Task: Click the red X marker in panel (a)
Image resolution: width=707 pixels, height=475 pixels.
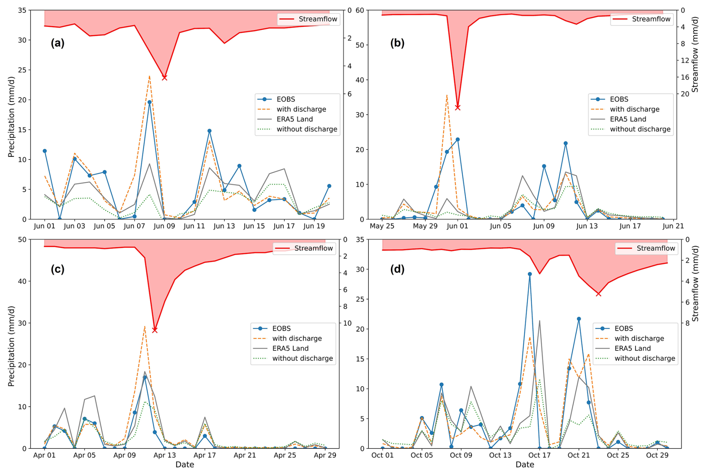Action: (164, 78)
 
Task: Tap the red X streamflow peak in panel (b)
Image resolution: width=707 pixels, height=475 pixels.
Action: (457, 108)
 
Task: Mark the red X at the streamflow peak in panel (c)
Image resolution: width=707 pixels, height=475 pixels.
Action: (155, 330)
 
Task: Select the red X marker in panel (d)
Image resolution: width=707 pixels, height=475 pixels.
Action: (598, 294)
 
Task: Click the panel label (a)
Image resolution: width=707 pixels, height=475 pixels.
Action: (58, 43)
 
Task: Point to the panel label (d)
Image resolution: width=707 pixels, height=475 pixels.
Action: (397, 269)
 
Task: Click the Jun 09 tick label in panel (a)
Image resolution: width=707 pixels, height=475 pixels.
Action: (164, 226)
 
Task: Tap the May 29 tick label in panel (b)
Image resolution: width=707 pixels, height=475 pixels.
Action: (425, 226)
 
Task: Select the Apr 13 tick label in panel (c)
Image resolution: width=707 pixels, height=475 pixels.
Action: (165, 455)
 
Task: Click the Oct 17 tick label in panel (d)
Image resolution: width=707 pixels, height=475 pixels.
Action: (539, 455)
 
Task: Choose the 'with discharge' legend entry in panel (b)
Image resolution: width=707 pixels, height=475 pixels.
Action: (635, 109)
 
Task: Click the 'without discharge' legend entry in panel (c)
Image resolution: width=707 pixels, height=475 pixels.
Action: (302, 358)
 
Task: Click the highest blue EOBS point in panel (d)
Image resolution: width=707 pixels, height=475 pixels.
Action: (530, 274)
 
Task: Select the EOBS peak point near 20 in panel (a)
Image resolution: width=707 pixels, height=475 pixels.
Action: (149, 102)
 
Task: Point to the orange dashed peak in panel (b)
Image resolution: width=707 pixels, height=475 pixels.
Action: (447, 95)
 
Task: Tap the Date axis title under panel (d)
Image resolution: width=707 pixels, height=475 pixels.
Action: (525, 465)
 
